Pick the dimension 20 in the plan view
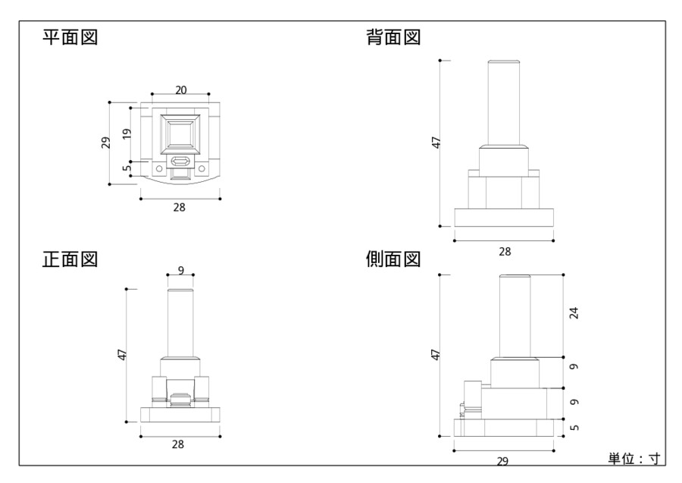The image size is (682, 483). [x=181, y=89]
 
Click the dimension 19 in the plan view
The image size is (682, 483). [x=127, y=134]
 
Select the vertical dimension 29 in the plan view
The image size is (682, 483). [x=106, y=142]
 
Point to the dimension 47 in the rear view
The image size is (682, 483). [x=436, y=143]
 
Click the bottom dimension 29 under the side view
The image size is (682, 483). [x=503, y=460]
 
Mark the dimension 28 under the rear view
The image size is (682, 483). [x=503, y=251]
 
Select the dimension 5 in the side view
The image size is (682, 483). [x=574, y=428]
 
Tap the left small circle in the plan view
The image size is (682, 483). [x=159, y=168]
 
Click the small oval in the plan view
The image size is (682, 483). [x=180, y=162]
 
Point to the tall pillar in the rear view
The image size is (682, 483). [x=503, y=102]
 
